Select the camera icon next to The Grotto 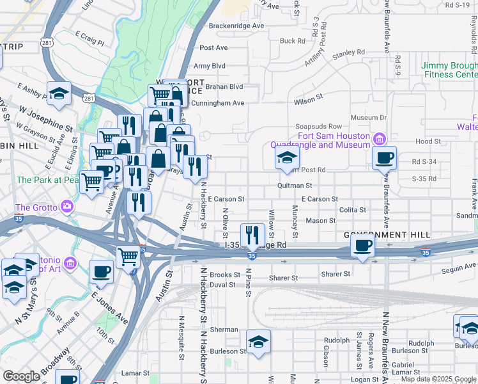point(65,206)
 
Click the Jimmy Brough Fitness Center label point(449,70)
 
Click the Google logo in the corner point(21,376)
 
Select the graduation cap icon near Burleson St point(258,342)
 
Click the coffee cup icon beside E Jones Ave point(102,272)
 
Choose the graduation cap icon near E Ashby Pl point(59,95)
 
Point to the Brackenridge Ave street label point(236,26)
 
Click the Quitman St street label point(294,185)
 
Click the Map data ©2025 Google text point(438,379)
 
